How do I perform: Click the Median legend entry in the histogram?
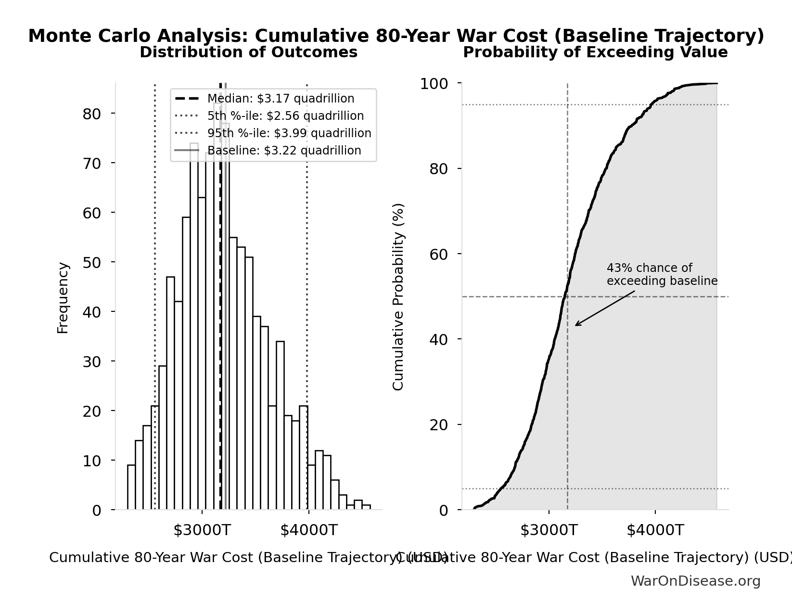(x=281, y=99)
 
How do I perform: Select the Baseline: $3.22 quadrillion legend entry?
(x=284, y=151)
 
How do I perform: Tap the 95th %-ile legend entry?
(x=289, y=133)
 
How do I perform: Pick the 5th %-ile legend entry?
(x=285, y=116)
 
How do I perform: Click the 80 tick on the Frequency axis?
(x=91, y=114)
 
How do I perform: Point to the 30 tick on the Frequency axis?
(x=91, y=361)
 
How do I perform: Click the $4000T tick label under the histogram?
(x=308, y=530)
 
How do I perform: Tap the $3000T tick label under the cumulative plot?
(x=549, y=530)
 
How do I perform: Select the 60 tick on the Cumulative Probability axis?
(x=438, y=254)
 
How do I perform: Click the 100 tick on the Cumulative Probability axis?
(x=434, y=84)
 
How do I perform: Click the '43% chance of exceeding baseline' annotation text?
(x=662, y=274)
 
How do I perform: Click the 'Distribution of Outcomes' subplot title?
(x=248, y=52)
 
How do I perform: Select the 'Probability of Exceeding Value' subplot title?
(x=595, y=52)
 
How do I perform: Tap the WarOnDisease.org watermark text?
(x=695, y=581)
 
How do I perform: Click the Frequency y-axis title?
(x=63, y=297)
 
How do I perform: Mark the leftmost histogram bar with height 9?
(x=131, y=487)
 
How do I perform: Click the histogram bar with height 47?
(x=170, y=393)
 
